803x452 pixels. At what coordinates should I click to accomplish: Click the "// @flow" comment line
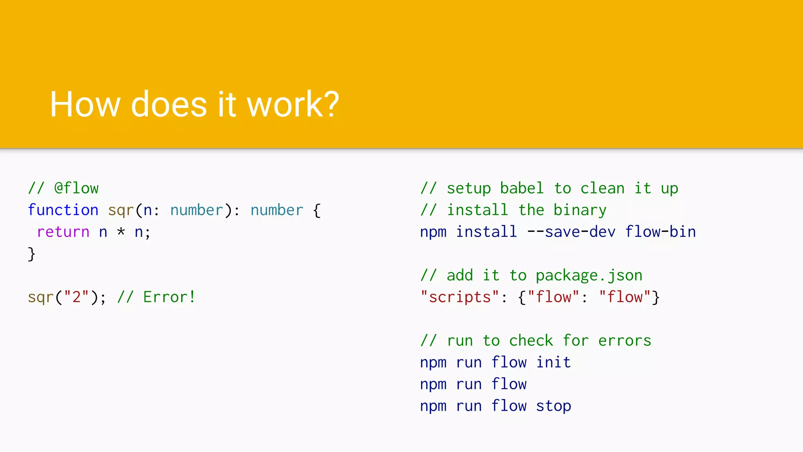point(63,188)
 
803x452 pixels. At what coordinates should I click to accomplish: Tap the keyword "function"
point(63,210)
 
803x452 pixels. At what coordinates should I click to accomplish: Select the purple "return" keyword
point(63,232)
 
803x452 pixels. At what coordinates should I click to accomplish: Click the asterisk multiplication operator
point(121,232)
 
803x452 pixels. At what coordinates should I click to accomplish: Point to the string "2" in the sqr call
point(76,297)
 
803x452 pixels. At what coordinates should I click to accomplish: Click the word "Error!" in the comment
point(169,297)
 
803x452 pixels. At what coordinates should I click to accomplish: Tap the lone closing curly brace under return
point(32,254)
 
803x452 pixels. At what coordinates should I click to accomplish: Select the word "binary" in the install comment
point(580,210)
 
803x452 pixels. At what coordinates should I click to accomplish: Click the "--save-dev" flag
point(571,232)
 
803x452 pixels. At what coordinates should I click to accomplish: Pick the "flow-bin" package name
point(660,232)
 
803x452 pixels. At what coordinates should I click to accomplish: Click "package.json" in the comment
point(589,275)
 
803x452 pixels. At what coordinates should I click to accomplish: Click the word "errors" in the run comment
point(625,341)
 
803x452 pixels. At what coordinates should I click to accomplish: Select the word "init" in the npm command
point(553,362)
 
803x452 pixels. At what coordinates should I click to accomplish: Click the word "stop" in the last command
point(553,406)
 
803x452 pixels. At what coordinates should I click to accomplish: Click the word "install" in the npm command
point(486,232)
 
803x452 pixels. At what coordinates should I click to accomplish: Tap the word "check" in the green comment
point(531,341)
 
